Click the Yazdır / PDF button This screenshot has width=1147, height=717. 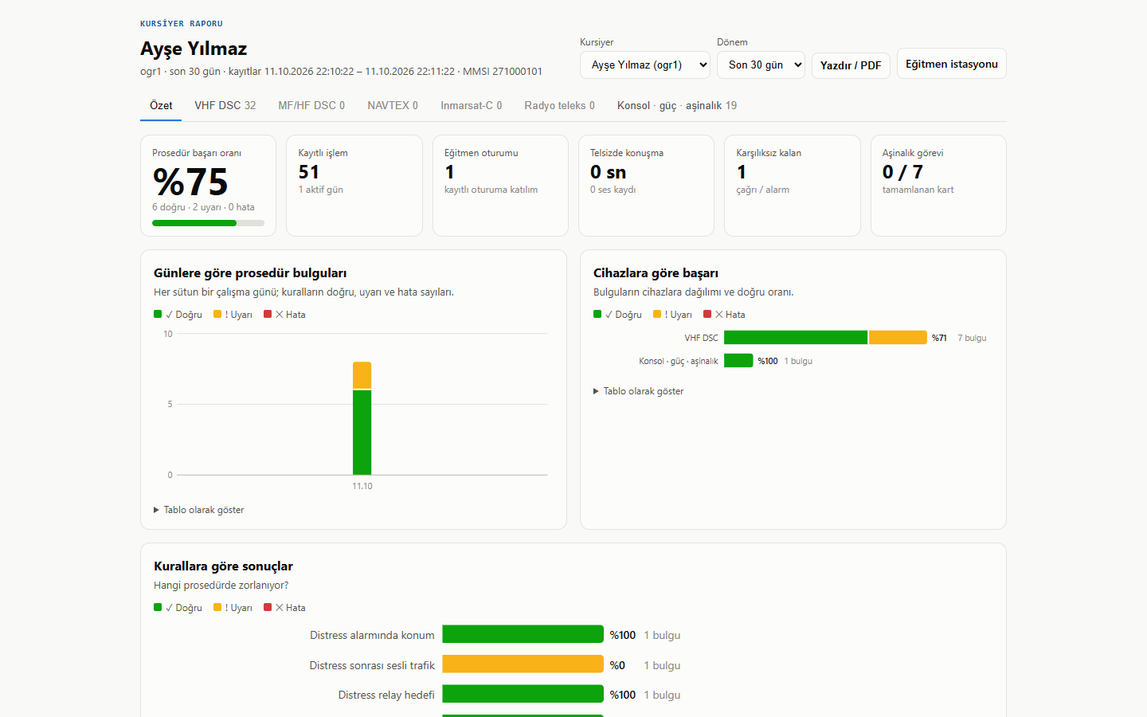coord(851,65)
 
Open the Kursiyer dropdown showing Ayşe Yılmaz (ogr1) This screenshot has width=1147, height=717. coord(644,65)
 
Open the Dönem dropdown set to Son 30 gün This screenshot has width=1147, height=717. coord(761,65)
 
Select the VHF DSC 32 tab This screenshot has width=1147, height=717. coord(225,105)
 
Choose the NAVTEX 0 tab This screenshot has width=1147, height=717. coord(392,105)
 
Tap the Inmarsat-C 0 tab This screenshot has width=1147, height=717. coord(471,105)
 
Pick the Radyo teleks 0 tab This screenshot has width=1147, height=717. coord(559,105)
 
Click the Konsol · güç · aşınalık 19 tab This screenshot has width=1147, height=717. coord(676,105)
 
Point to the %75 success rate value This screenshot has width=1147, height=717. coord(190,182)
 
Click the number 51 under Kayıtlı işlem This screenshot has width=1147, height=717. coord(309,172)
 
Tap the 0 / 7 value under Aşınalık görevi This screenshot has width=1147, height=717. coord(902,172)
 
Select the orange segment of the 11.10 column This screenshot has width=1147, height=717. coord(362,375)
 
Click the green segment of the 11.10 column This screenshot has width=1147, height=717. coord(362,433)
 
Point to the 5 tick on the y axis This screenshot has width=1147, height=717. coord(170,404)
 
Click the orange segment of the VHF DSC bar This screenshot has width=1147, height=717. coord(898,338)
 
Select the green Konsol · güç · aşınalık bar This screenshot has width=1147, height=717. coord(738,361)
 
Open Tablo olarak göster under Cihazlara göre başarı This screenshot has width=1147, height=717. coord(639,391)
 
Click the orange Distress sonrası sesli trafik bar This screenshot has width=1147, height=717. coord(523,664)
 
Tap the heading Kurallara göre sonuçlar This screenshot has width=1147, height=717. coord(223,566)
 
